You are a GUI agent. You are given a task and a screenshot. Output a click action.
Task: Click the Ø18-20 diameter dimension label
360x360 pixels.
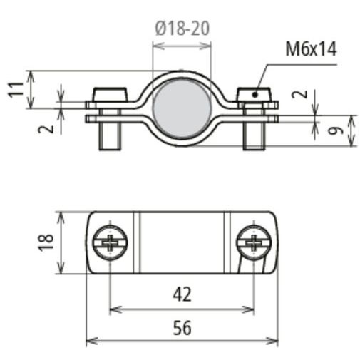pos(182,29)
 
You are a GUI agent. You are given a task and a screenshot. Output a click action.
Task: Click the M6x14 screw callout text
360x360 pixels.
pos(311,49)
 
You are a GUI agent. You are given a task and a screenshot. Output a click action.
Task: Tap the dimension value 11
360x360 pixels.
pos(16,89)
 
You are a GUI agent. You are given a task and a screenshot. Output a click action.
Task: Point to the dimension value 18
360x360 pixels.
pos(46,242)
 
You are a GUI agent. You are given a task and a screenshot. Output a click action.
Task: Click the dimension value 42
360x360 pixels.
pos(182,294)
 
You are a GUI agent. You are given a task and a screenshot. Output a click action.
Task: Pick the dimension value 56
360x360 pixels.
pos(182,328)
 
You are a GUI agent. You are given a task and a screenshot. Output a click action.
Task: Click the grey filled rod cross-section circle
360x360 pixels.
pos(182,109)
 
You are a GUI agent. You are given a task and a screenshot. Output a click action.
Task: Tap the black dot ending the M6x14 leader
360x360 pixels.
pos(254,95)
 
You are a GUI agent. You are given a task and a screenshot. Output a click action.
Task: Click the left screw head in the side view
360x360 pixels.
pos(110,95)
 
